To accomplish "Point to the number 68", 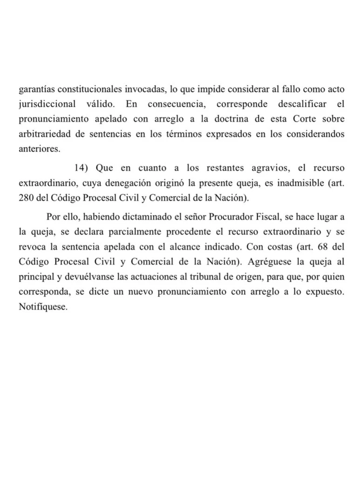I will click(324, 247).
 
